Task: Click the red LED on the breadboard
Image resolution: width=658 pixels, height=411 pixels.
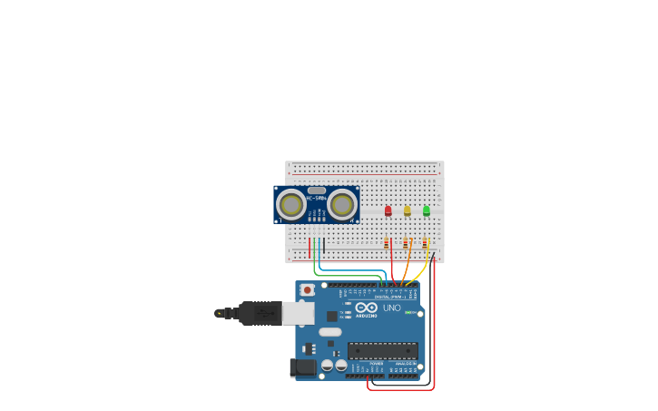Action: click(388, 210)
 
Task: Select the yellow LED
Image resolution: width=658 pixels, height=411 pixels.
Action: click(408, 210)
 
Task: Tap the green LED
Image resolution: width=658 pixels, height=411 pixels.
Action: click(427, 210)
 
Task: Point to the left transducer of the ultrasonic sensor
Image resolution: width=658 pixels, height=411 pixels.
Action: click(291, 205)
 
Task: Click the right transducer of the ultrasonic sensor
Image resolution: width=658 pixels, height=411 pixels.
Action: click(342, 205)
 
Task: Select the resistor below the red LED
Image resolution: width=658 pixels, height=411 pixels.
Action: click(388, 243)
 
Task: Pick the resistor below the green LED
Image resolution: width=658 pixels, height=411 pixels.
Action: click(425, 243)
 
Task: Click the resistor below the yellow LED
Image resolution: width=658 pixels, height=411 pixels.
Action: click(407, 243)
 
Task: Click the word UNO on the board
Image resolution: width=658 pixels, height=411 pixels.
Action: click(392, 308)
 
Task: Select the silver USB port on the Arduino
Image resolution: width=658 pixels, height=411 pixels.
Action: click(299, 313)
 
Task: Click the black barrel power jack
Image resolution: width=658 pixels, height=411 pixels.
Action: click(302, 367)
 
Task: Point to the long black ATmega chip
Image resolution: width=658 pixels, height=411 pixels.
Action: click(383, 350)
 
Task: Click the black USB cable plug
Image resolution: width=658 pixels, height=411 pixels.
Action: click(260, 313)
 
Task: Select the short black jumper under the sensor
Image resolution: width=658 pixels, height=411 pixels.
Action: click(324, 246)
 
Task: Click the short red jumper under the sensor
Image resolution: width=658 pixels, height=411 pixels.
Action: click(309, 246)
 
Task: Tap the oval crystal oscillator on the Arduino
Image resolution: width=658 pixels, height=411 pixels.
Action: click(329, 332)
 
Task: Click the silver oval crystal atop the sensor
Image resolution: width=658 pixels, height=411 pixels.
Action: click(316, 191)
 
